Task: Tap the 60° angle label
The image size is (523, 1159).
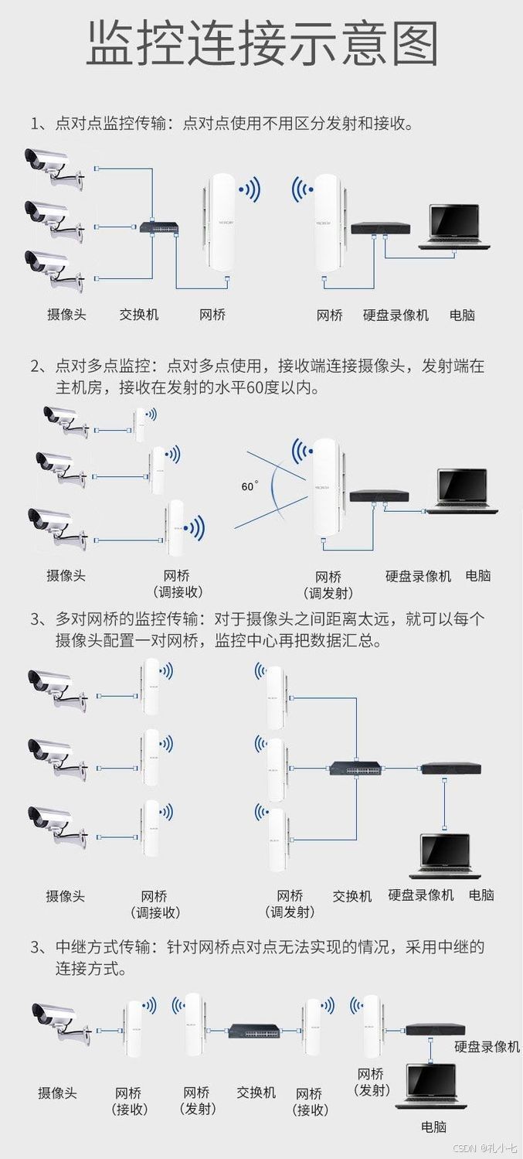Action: point(250,486)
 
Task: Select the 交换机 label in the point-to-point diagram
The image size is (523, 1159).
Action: point(139,315)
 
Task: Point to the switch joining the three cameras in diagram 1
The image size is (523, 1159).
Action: point(160,227)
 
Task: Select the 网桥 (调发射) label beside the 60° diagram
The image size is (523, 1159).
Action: point(329,585)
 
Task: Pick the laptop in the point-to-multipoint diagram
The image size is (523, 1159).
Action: point(463,491)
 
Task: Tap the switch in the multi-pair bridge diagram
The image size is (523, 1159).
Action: point(355,769)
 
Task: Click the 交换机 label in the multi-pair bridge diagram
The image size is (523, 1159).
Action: point(352,896)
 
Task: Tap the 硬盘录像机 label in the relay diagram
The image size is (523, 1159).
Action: point(487,1046)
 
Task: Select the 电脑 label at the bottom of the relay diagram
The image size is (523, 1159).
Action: point(433,1127)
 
